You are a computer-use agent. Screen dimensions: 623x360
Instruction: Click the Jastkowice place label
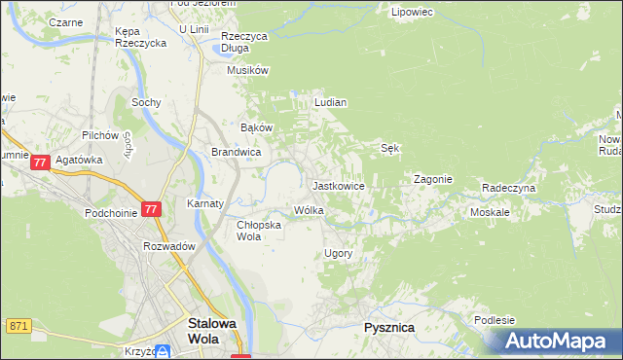(x=338, y=186)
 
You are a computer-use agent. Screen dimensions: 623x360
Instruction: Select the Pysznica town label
(x=388, y=328)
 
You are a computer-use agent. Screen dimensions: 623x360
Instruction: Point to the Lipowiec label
(x=411, y=13)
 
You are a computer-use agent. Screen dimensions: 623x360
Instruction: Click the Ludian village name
(x=331, y=102)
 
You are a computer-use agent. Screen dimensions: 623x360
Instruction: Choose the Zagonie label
(x=433, y=180)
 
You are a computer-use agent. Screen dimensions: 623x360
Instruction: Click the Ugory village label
(x=337, y=254)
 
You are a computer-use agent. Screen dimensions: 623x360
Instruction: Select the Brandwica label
(x=236, y=153)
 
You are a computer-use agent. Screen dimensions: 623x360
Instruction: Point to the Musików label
(x=247, y=70)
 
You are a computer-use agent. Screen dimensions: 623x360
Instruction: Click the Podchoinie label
(x=109, y=212)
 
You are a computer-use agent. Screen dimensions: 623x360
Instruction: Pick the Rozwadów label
(x=169, y=247)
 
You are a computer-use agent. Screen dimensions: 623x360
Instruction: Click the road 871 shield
(x=18, y=325)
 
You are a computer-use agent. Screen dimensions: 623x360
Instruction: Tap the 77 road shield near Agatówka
(x=40, y=164)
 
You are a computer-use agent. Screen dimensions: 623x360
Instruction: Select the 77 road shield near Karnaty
(x=151, y=209)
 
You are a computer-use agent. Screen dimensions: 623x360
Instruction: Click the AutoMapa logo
(x=555, y=342)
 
